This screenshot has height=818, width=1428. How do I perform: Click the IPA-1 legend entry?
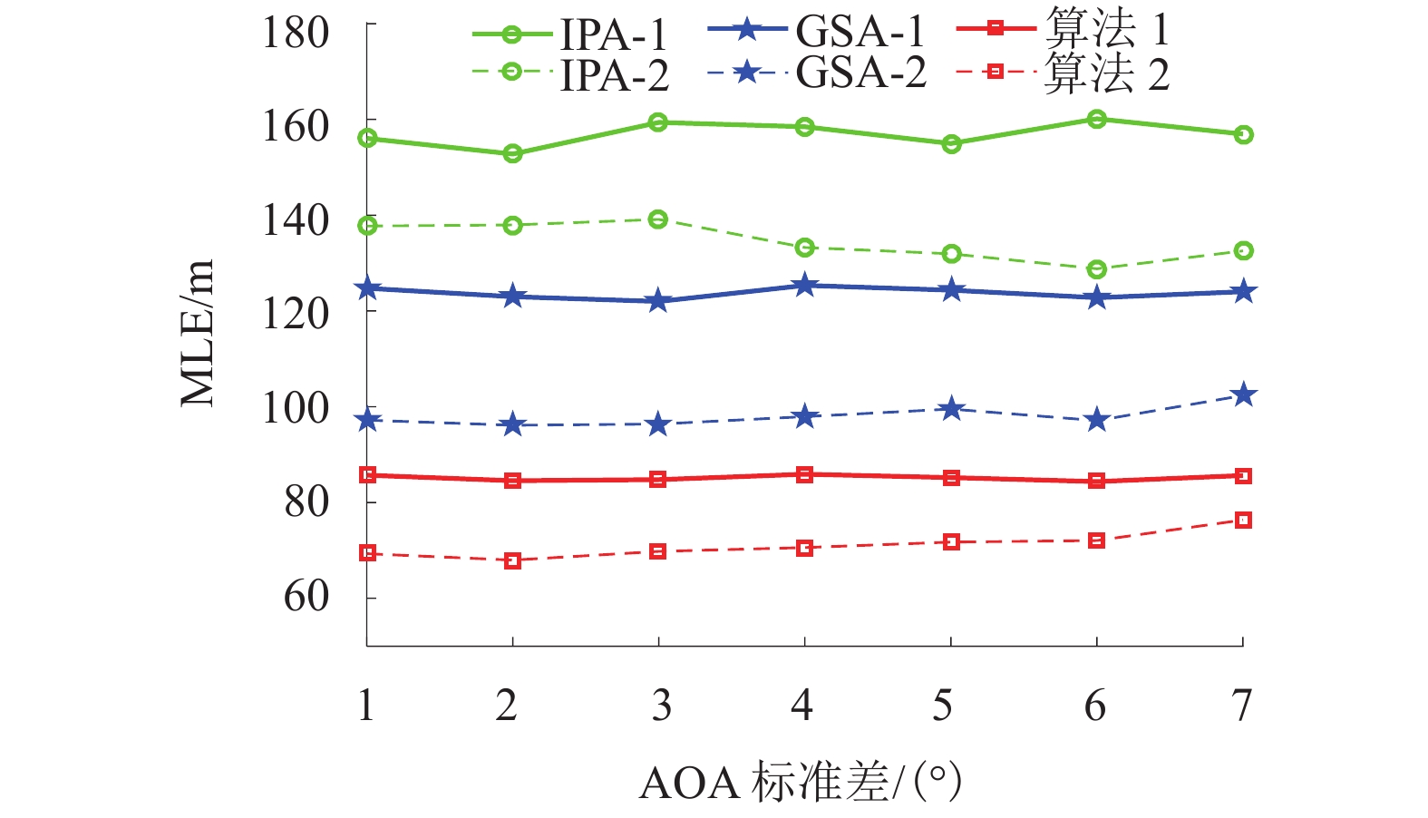click(569, 34)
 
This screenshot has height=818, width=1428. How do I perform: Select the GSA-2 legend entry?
click(817, 73)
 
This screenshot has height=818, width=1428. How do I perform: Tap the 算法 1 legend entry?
click(1064, 30)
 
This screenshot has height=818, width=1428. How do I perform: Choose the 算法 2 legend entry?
click(1064, 73)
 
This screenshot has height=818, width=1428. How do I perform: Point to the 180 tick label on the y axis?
click(295, 34)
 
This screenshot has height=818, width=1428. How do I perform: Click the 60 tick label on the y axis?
click(306, 597)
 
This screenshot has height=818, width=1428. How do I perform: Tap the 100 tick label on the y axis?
click(295, 409)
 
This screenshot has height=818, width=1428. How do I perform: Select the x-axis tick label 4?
click(801, 706)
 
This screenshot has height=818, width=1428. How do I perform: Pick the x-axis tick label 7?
click(1241, 706)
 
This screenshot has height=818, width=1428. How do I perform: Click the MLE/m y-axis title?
click(197, 333)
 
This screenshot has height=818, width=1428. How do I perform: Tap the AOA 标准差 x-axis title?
click(800, 782)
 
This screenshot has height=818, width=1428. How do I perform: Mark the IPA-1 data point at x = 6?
click(1096, 119)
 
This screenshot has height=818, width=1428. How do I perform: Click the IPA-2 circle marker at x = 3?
click(658, 219)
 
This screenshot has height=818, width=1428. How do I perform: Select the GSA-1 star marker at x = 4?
click(804, 286)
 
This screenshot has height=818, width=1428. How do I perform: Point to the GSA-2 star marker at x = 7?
click(1243, 394)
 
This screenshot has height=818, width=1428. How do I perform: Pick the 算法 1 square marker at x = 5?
click(951, 478)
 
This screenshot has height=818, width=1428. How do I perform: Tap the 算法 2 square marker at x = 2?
click(512, 560)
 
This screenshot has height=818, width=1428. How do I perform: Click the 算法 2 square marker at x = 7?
click(1243, 521)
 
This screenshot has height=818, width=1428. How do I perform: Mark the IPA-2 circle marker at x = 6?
click(1096, 269)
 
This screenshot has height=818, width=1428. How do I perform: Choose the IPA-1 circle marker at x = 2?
click(512, 154)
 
